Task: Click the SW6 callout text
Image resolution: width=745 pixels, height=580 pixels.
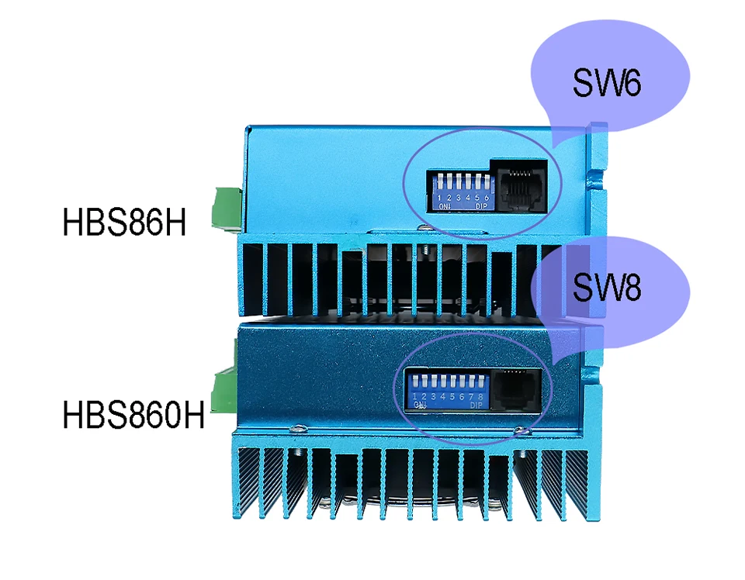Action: pyautogui.click(x=607, y=83)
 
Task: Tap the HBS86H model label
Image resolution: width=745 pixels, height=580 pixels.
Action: pyautogui.click(x=125, y=223)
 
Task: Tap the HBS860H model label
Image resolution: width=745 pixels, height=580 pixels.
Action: pyautogui.click(x=133, y=413)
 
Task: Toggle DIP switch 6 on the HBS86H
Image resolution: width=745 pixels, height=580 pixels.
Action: pyautogui.click(x=486, y=184)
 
